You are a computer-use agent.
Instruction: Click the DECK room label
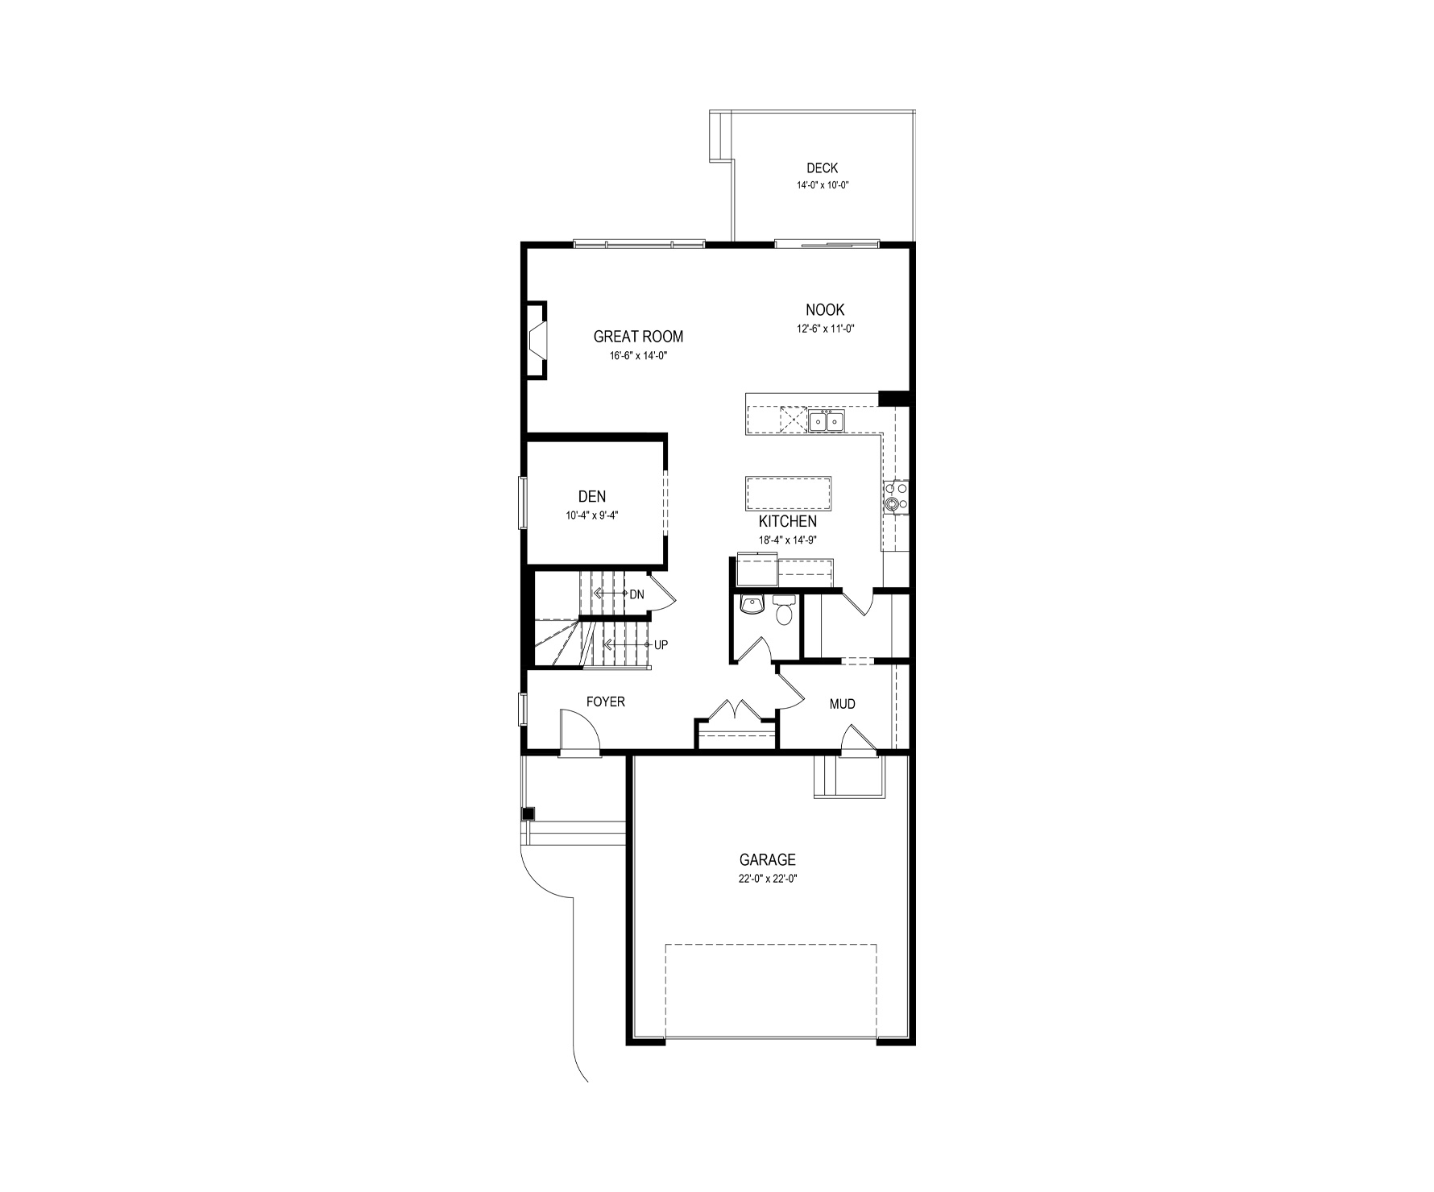pyautogui.click(x=822, y=168)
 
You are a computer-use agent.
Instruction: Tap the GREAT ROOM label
pyautogui.click(x=638, y=337)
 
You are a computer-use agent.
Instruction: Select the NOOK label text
pyautogui.click(x=825, y=310)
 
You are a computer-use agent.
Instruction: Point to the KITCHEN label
pyautogui.click(x=787, y=522)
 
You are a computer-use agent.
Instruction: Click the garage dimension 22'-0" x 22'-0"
pyautogui.click(x=768, y=879)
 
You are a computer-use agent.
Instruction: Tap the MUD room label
pyautogui.click(x=843, y=704)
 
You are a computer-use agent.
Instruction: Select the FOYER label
pyautogui.click(x=605, y=702)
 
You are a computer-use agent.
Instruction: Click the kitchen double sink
pyautogui.click(x=826, y=420)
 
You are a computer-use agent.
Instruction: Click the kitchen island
pyautogui.click(x=789, y=494)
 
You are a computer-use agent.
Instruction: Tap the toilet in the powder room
pyautogui.click(x=783, y=610)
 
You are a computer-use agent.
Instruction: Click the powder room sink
pyautogui.click(x=752, y=605)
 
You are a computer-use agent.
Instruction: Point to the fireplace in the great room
pyautogui.click(x=537, y=339)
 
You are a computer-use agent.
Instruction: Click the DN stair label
pyautogui.click(x=636, y=594)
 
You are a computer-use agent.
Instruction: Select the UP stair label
pyautogui.click(x=661, y=645)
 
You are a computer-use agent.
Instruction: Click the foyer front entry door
pyautogui.click(x=580, y=733)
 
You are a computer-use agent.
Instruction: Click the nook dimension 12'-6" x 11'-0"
pyautogui.click(x=824, y=328)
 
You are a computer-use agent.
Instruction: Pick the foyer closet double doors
pyautogui.click(x=736, y=710)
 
